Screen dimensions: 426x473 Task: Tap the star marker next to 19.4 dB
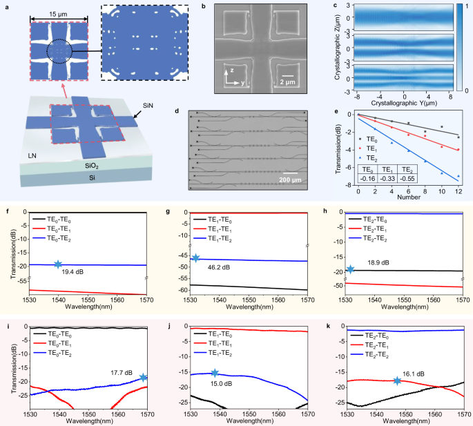tap(58, 264)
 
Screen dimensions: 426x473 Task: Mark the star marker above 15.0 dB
tap(214, 373)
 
